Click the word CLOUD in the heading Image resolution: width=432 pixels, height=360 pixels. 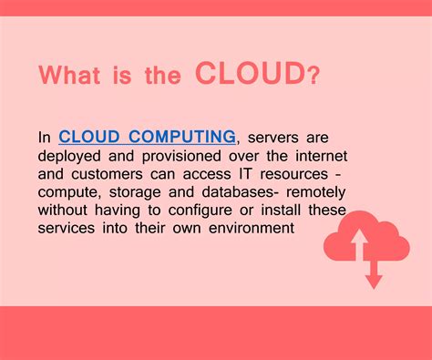251,75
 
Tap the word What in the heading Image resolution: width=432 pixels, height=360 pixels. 73,76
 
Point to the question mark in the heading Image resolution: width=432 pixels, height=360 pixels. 314,75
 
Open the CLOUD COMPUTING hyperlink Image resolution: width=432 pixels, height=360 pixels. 148,138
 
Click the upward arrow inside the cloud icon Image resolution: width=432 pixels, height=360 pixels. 359,241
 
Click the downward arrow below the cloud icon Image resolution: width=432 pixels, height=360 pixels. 373,273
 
